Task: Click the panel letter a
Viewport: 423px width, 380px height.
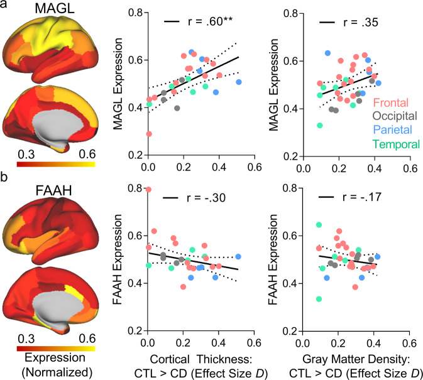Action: [6, 6]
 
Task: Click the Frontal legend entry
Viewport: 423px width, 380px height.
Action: [392, 102]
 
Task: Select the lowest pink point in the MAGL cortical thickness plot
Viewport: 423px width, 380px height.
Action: [148, 134]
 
